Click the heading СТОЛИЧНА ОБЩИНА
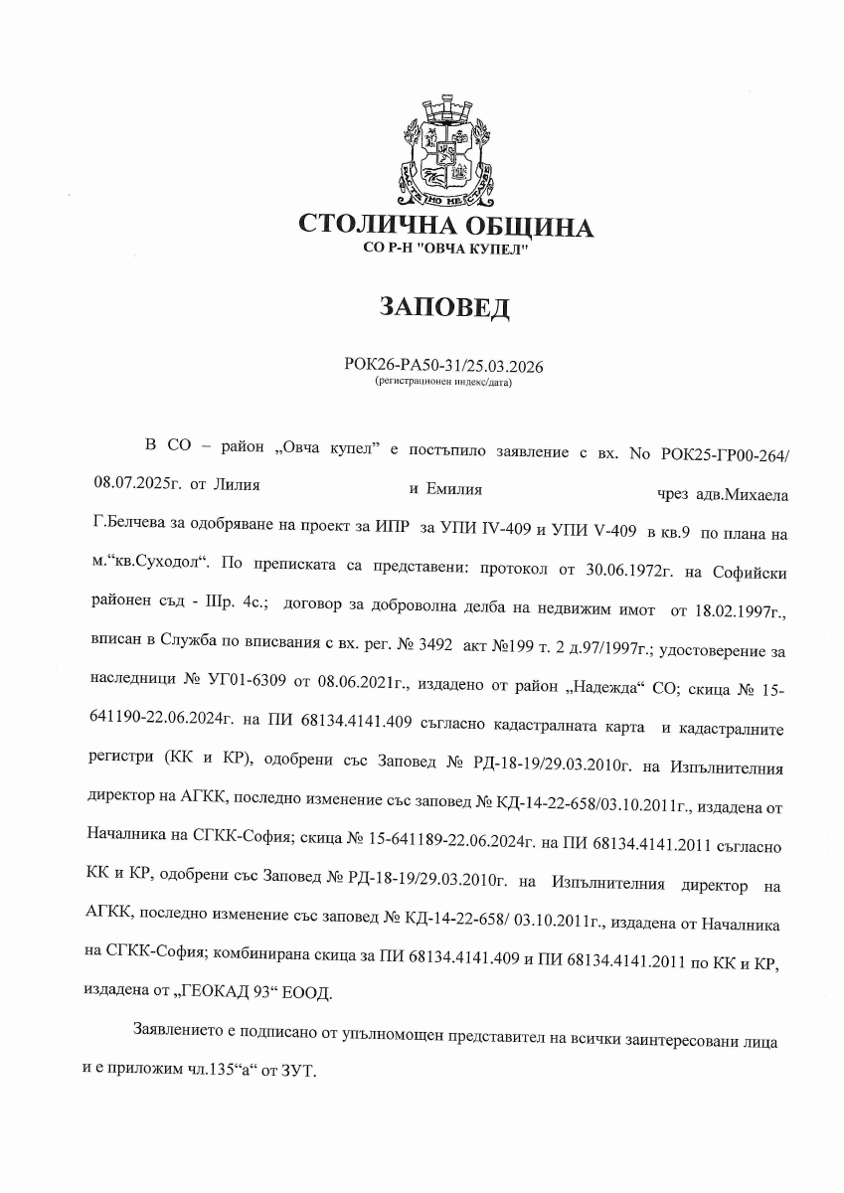tap(445, 227)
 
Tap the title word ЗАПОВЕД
tap(444, 307)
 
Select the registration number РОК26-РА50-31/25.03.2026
tap(444, 365)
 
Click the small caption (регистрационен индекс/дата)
tap(444, 381)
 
